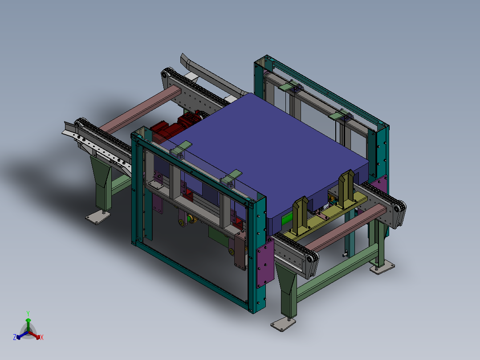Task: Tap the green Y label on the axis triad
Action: (28, 313)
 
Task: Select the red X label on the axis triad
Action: (42, 337)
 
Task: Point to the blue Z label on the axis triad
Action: (15, 337)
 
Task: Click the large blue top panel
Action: (266, 153)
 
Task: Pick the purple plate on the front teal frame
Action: (265, 263)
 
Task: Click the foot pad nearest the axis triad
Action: (98, 217)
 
